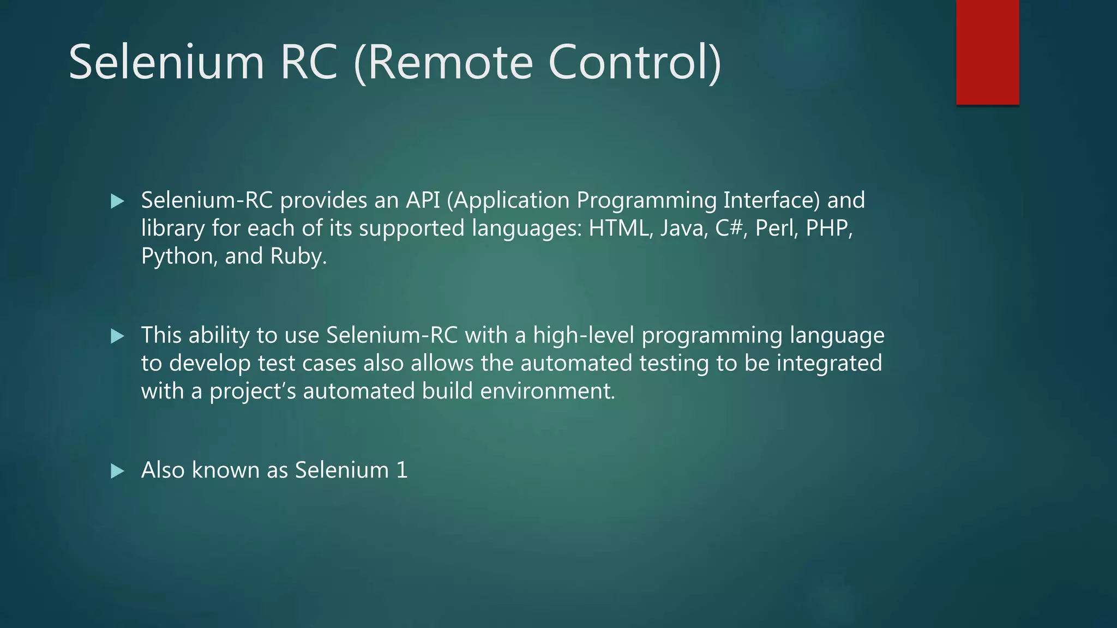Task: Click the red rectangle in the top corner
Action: click(x=987, y=52)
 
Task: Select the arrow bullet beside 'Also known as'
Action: click(x=117, y=471)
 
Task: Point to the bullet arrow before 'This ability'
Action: click(x=117, y=336)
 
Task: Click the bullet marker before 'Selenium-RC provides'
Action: click(x=117, y=201)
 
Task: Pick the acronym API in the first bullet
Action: click(x=422, y=200)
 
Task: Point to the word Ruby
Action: click(x=298, y=256)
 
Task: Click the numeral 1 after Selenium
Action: click(x=402, y=470)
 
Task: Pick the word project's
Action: click(x=253, y=391)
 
